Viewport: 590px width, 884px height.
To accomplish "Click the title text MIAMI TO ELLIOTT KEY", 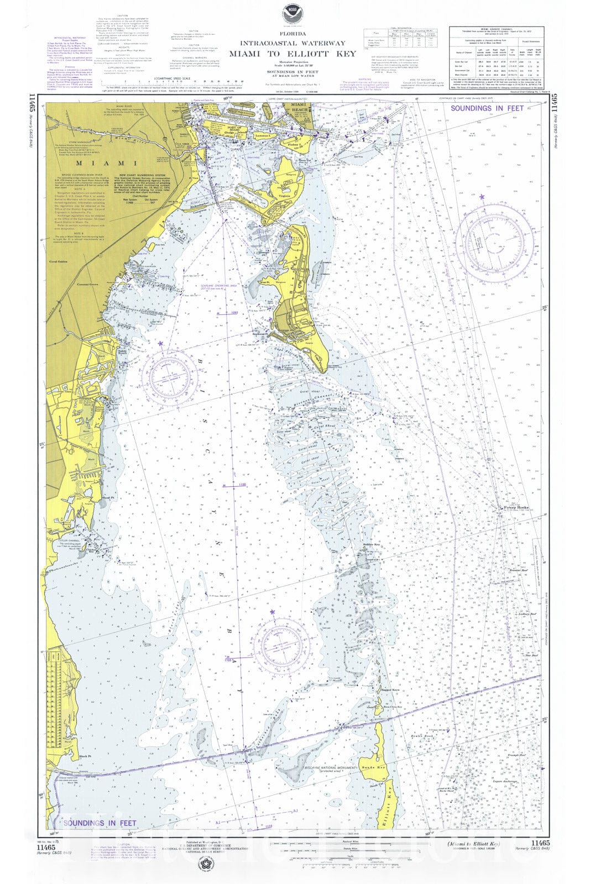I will click(x=293, y=54).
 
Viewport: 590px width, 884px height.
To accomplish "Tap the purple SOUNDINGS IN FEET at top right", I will click(x=487, y=108).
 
